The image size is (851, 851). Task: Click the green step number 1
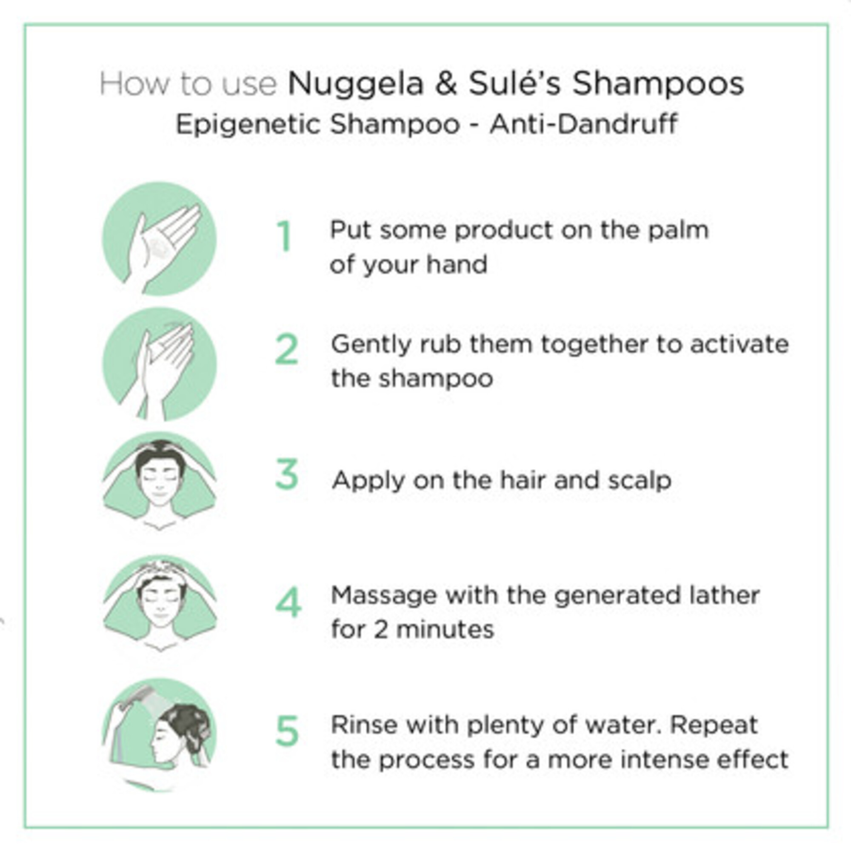(x=285, y=236)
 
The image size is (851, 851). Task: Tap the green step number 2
(x=287, y=349)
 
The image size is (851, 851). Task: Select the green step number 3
(x=287, y=474)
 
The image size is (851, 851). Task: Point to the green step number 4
(x=288, y=602)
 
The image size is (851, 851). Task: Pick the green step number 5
(x=287, y=731)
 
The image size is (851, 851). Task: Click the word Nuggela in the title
(x=355, y=84)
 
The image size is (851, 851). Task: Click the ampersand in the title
(x=446, y=84)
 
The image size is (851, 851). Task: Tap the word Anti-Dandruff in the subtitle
(x=583, y=124)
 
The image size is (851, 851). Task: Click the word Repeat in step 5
(x=714, y=725)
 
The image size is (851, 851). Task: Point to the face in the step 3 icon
(x=160, y=483)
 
